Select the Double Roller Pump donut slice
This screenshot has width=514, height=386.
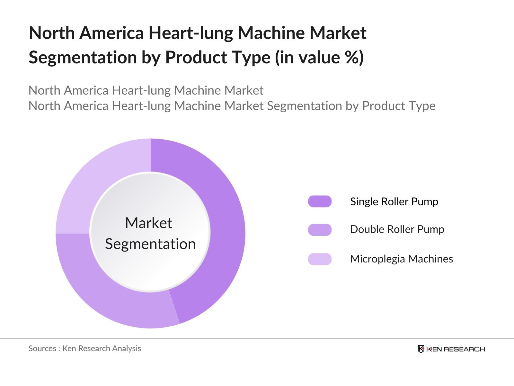[106, 289]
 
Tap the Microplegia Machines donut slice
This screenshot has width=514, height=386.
[96, 180]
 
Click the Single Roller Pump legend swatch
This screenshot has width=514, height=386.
[320, 201]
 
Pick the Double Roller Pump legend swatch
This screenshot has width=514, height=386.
[320, 230]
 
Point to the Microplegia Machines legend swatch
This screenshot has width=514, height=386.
[320, 259]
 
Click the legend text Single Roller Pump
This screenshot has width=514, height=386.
[394, 202]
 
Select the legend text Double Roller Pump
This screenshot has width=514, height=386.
[397, 229]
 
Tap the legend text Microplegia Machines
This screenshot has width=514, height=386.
[401, 259]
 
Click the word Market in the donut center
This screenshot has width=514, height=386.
[149, 223]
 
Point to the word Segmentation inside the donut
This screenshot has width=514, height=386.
[150, 244]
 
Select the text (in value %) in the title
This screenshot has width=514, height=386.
[319, 58]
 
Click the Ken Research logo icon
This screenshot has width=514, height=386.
[421, 349]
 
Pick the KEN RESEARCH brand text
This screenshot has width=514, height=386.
[456, 349]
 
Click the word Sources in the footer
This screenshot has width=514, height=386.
[42, 348]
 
